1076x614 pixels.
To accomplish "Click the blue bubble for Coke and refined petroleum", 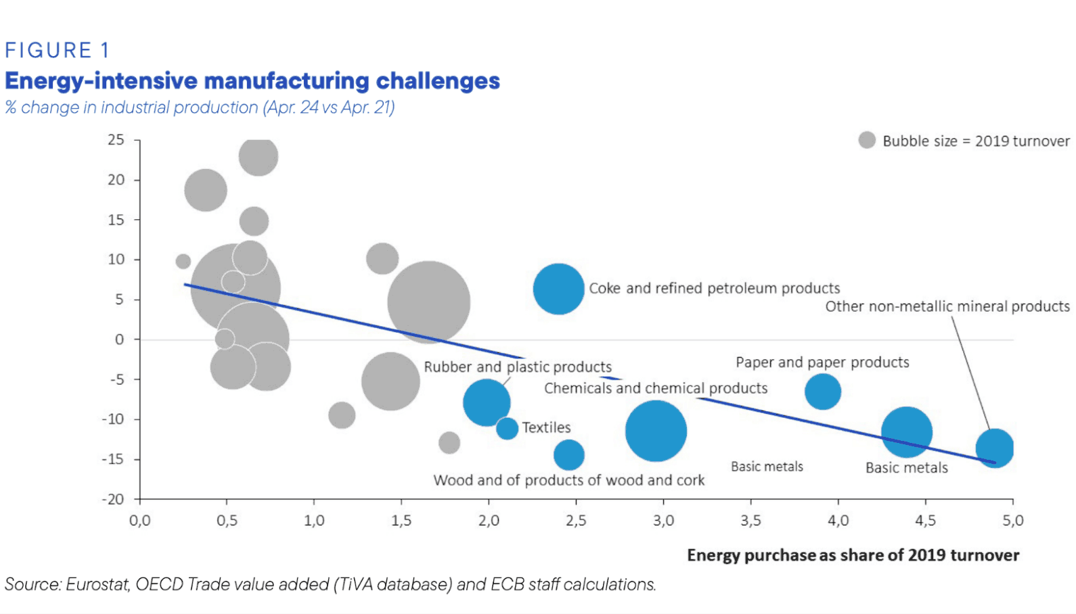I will (x=558, y=289).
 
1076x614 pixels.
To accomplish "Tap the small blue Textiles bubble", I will (x=507, y=428).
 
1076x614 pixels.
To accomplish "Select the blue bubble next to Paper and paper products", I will (x=823, y=392).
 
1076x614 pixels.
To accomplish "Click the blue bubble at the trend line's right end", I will (x=994, y=448).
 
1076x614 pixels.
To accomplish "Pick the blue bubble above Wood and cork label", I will (x=569, y=455).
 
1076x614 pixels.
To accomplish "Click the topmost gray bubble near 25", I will (x=258, y=156).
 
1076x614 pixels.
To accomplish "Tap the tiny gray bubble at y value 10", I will (x=183, y=261).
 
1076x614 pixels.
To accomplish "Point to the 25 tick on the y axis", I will (x=116, y=140).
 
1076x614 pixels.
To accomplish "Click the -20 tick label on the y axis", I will (x=114, y=499).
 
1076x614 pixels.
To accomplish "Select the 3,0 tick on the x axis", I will (x=663, y=520).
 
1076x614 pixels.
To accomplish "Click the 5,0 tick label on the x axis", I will (x=1012, y=520).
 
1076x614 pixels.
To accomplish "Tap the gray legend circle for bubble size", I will (x=867, y=140).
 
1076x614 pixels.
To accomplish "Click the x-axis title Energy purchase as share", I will (x=853, y=555).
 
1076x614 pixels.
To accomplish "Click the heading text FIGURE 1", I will (x=57, y=51).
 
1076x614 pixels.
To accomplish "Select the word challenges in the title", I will (x=438, y=81).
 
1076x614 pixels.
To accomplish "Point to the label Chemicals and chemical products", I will (x=656, y=388).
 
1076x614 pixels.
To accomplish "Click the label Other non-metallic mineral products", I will (x=947, y=306).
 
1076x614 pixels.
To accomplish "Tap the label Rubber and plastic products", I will (x=518, y=367).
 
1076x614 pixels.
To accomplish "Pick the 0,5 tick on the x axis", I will (x=227, y=520).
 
